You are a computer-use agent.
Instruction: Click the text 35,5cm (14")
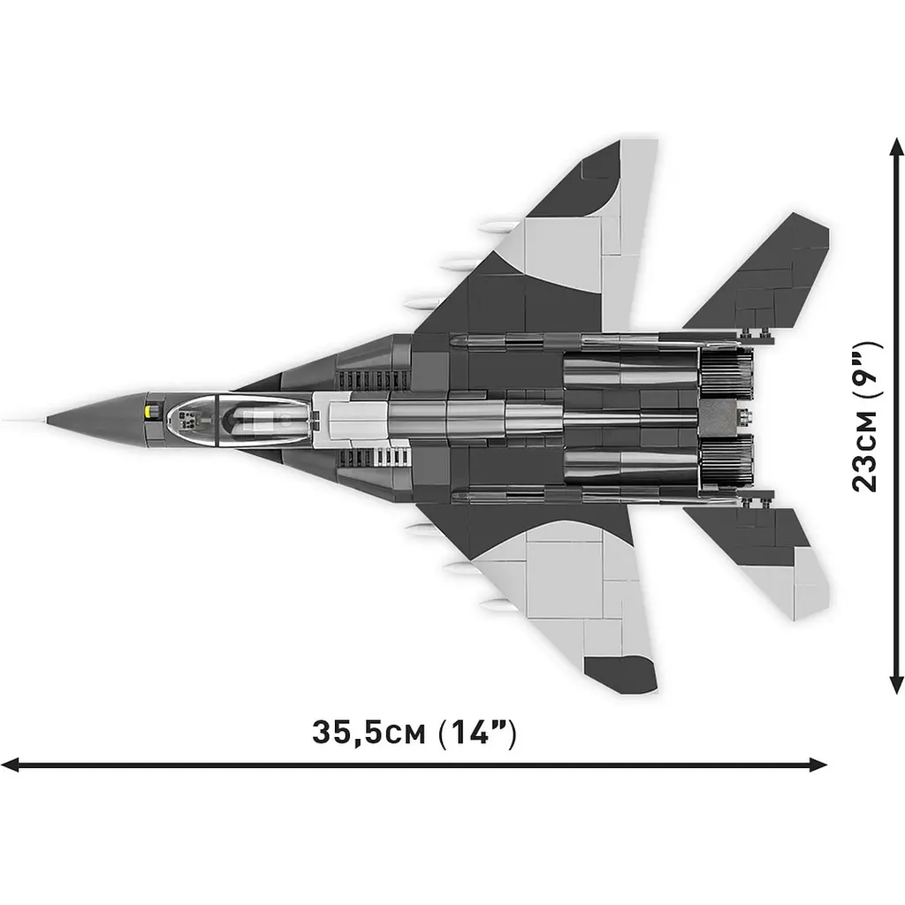pos(414,733)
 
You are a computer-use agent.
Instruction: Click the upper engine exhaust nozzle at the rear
pos(725,371)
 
